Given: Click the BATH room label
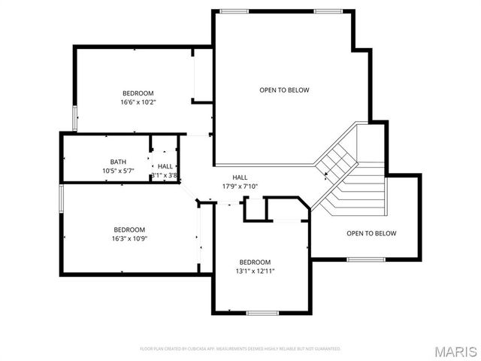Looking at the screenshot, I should coord(118,162).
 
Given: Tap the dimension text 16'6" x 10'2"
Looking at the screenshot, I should coord(138,102).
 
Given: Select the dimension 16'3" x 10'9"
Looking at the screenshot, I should coord(129,238).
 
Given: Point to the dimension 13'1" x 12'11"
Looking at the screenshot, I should coord(254,271).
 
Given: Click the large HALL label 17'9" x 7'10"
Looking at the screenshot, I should coord(240,187).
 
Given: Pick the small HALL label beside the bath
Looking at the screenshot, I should coord(165,166).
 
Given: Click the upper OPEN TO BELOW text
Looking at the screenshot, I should coord(284,90).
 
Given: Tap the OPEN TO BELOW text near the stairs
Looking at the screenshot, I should coord(371,233).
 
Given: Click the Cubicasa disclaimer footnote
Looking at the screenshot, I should coord(240,349).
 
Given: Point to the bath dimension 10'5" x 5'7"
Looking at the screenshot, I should coord(118,171).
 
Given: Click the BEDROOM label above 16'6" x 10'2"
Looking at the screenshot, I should coord(138,93).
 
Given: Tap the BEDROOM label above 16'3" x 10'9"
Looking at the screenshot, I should coord(129,229).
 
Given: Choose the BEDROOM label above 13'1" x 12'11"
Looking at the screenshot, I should coord(254,262).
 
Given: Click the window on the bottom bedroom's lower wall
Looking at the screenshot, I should coord(263,313).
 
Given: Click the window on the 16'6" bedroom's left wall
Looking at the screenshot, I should coord(74,118).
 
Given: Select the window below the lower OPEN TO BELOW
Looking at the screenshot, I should coord(366,260).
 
